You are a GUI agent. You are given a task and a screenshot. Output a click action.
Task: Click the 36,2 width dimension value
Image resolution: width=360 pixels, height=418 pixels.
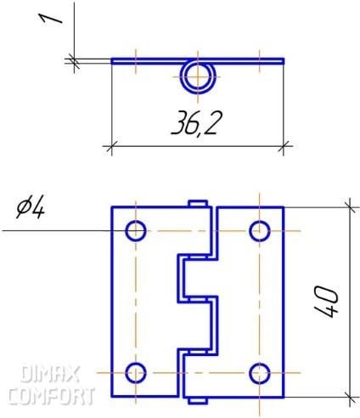click(x=196, y=122)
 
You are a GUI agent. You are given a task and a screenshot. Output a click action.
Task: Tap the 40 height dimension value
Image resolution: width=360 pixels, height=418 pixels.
click(x=326, y=302)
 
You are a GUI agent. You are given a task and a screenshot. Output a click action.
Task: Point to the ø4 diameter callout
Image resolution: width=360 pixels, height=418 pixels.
click(x=31, y=208)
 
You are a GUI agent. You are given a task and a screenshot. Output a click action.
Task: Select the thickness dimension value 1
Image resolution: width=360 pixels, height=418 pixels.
click(x=50, y=20)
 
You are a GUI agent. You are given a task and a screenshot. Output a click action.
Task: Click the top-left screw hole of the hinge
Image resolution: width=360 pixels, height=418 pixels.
click(x=136, y=231)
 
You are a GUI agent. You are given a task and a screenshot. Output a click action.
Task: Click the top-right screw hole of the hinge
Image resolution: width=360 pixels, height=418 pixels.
click(x=260, y=231)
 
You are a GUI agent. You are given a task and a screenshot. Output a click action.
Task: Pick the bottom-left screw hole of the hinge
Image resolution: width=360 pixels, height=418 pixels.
click(x=136, y=373)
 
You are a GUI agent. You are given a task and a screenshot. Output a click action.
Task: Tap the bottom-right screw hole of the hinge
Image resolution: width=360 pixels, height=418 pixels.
click(x=260, y=373)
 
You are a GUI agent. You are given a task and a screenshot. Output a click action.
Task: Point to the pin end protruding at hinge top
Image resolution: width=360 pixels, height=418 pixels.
click(x=198, y=203)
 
